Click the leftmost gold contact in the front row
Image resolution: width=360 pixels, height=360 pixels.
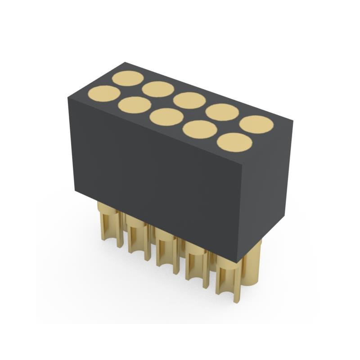tap(104, 94)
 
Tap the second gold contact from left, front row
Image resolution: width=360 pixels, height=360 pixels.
tap(135, 105)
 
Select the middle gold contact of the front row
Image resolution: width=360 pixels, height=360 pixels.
tap(166, 117)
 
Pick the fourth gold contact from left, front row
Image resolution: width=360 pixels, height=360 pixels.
tap(199, 129)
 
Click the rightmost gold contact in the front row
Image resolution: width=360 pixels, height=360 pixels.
tap(234, 142)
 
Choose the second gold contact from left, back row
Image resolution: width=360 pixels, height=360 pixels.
tap(158, 89)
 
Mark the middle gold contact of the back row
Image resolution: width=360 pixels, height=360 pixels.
tap(189, 100)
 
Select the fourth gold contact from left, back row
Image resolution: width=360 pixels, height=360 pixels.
tap(222, 112)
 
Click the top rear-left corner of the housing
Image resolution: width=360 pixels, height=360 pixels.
tap(126, 63)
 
